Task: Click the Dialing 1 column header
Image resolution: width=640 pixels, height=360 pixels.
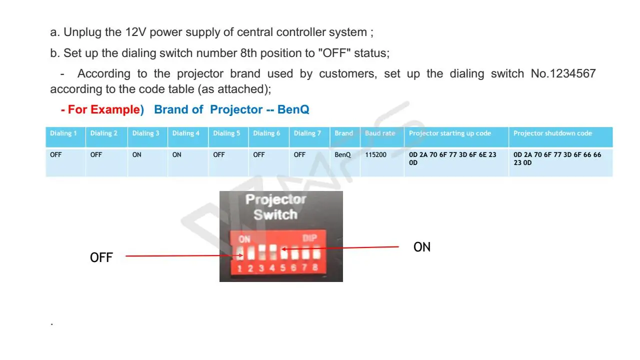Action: pyautogui.click(x=63, y=133)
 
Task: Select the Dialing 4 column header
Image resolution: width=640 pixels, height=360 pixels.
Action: pyautogui.click(x=186, y=133)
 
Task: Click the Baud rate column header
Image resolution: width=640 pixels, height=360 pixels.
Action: pyautogui.click(x=380, y=133)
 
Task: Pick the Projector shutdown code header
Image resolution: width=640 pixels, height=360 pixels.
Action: pyautogui.click(x=552, y=133)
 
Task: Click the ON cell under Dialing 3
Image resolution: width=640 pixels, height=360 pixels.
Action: pyautogui.click(x=136, y=155)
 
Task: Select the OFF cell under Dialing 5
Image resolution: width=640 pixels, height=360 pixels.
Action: pyautogui.click(x=219, y=155)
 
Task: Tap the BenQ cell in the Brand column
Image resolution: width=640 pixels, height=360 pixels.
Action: pyautogui.click(x=342, y=155)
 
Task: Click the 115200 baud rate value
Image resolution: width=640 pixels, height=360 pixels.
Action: pyautogui.click(x=376, y=155)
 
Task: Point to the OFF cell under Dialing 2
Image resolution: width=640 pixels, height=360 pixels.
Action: pyautogui.click(x=96, y=155)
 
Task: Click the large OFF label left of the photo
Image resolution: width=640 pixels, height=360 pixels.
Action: pyautogui.click(x=101, y=257)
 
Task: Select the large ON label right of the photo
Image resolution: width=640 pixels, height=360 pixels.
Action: pyautogui.click(x=422, y=247)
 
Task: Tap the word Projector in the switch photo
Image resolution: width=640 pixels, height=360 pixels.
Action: pyautogui.click(x=275, y=200)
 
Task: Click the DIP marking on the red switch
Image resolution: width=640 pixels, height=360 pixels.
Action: pyautogui.click(x=310, y=238)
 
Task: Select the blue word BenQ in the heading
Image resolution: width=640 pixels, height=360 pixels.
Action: pyautogui.click(x=293, y=109)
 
